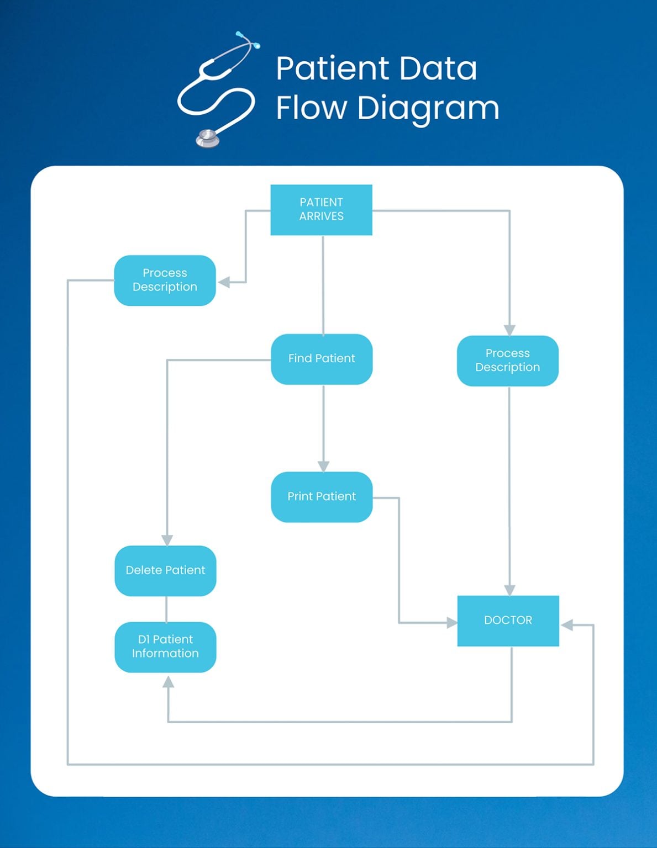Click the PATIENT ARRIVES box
coord(321,210)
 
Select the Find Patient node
coord(322,359)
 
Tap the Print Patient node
coord(322,497)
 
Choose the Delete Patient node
coord(165,570)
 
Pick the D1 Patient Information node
coord(165,646)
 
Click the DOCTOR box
coord(508,621)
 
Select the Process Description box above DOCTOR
coord(507,361)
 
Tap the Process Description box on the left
coord(165,280)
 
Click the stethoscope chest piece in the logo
coord(208,137)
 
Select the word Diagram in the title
coord(428,108)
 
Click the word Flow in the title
coord(311,108)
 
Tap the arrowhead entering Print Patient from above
coord(323,466)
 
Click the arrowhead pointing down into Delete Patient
coord(167,540)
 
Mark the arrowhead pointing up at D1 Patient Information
coord(168,682)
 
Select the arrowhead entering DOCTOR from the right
coord(567,625)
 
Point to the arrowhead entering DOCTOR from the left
coord(451,623)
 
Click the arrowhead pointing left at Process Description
coord(224,282)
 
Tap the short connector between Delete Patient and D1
coord(166,609)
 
